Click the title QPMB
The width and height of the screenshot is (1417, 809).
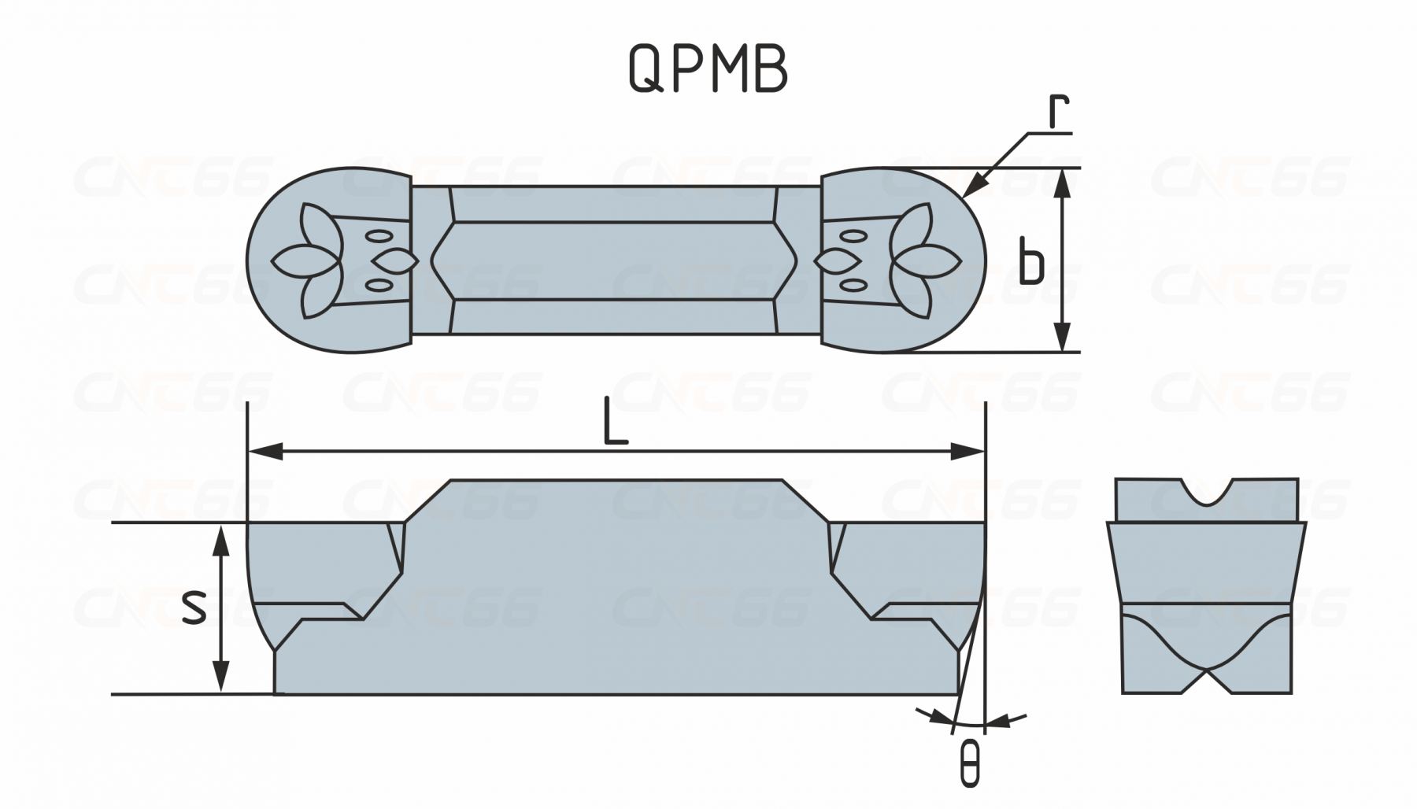[x=708, y=70]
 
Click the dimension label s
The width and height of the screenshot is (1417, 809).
[x=194, y=607]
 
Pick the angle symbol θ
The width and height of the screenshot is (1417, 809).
[x=971, y=763]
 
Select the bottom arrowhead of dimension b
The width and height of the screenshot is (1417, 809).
[x=1063, y=340]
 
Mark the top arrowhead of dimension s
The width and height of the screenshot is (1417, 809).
[x=222, y=537]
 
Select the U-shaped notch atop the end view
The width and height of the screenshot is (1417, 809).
[x=1207, y=493]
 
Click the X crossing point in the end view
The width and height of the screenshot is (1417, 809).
[x=1207, y=670]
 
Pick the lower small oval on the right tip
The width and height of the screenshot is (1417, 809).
[x=851, y=284]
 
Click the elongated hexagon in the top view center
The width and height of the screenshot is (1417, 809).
[x=614, y=260]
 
